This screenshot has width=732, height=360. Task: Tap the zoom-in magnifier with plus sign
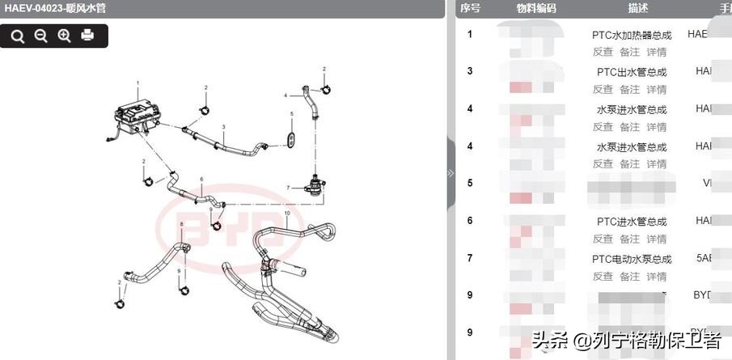click(x=64, y=36)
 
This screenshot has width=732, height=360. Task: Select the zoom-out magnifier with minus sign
click(x=40, y=36)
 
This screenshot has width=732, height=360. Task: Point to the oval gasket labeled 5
click(x=290, y=139)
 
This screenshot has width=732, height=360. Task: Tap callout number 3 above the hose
click(x=223, y=127)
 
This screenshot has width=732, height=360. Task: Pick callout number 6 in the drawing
click(x=201, y=179)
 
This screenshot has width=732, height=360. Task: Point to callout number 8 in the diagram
click(x=182, y=223)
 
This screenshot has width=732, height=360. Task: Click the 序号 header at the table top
click(x=470, y=8)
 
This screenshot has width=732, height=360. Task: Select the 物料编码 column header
click(x=537, y=8)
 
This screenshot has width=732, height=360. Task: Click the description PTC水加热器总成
click(x=632, y=36)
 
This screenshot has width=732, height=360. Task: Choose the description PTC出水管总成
click(x=632, y=72)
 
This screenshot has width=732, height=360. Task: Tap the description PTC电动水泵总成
click(x=632, y=260)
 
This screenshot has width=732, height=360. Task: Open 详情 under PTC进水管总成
click(x=657, y=239)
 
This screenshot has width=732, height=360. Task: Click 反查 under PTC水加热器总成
click(x=603, y=52)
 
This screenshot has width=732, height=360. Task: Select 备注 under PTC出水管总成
click(x=629, y=89)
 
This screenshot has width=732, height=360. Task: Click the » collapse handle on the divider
click(x=451, y=173)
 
